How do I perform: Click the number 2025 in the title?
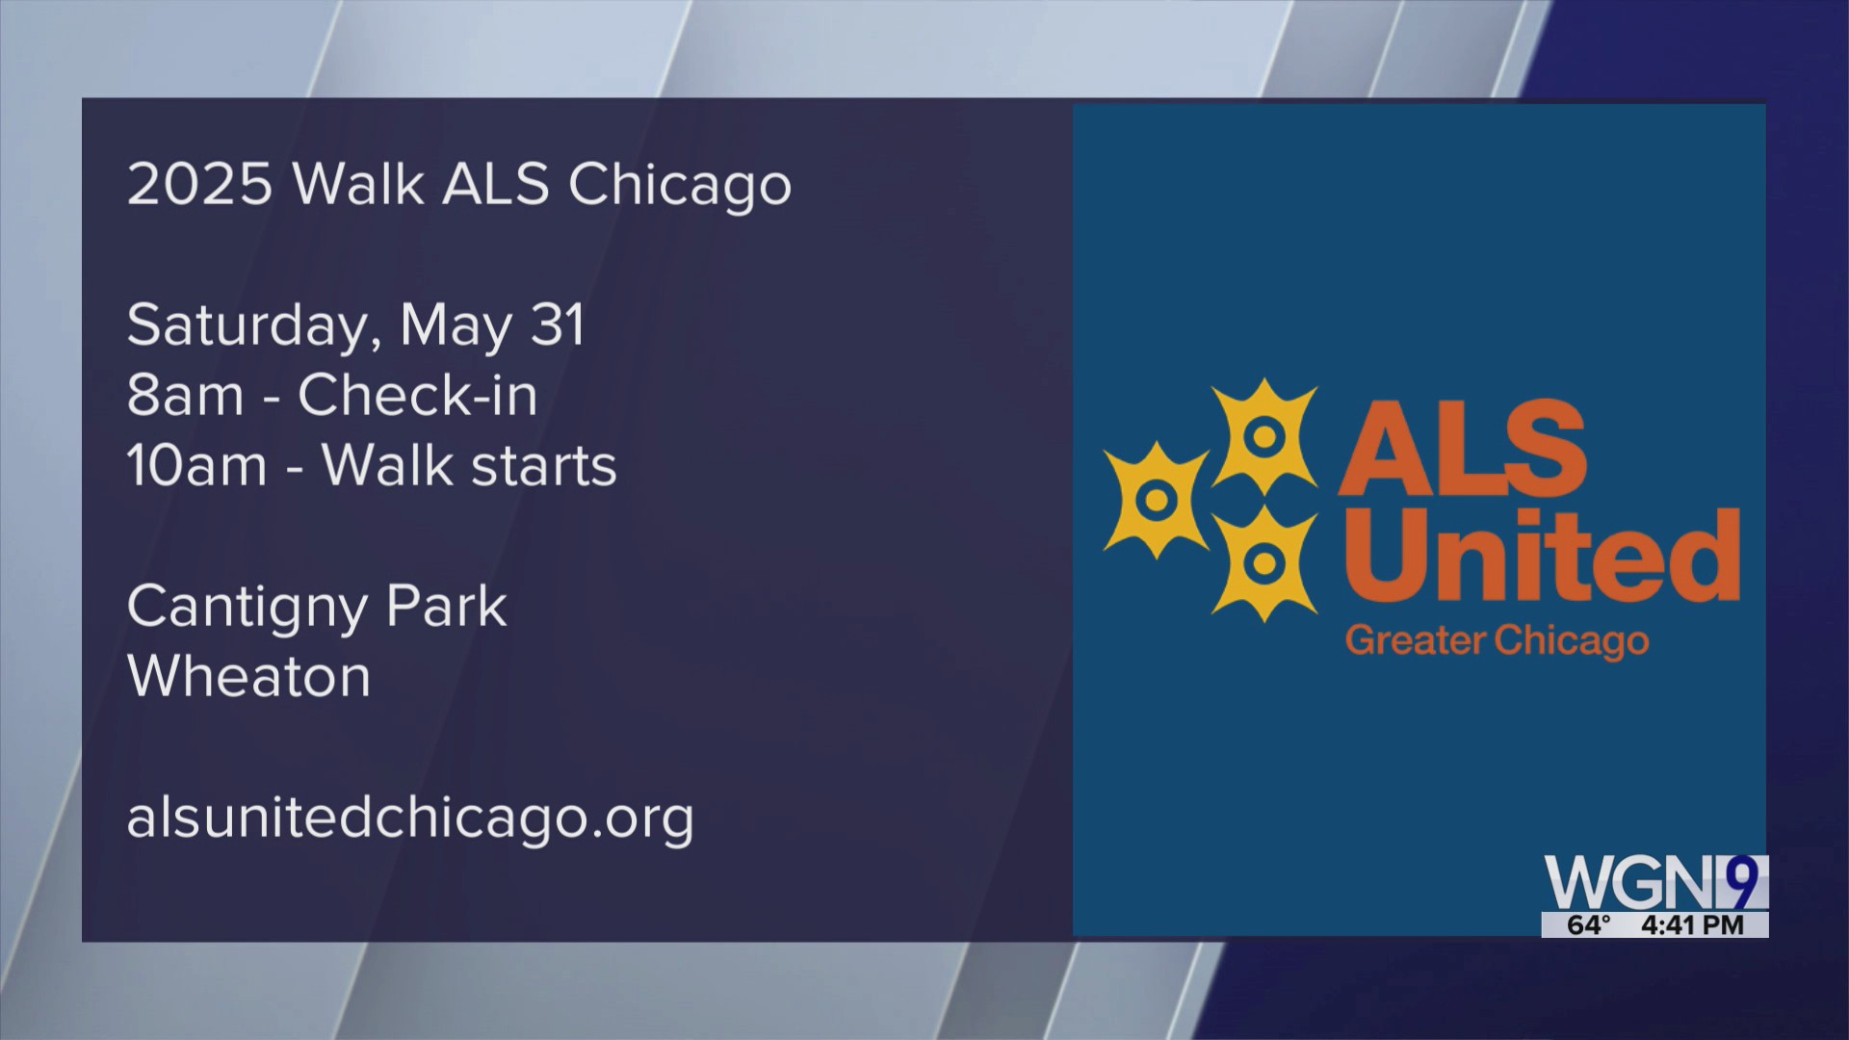(x=200, y=184)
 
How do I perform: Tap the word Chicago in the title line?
(x=680, y=184)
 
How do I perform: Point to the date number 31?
(x=558, y=325)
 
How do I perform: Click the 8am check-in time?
(x=185, y=396)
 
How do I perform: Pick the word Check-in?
(x=417, y=396)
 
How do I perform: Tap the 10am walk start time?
(x=196, y=466)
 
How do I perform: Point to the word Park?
(x=446, y=608)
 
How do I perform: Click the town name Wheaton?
(x=248, y=677)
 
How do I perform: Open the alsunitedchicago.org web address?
(x=410, y=819)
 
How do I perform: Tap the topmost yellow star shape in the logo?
(x=1263, y=436)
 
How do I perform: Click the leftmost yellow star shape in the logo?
(x=1156, y=499)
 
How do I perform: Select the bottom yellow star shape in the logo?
(x=1263, y=562)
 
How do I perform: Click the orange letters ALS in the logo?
(x=1462, y=449)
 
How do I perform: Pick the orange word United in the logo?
(x=1541, y=556)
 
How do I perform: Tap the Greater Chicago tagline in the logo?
(x=1497, y=640)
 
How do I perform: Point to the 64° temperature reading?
(x=1588, y=925)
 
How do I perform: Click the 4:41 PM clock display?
(x=1692, y=925)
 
